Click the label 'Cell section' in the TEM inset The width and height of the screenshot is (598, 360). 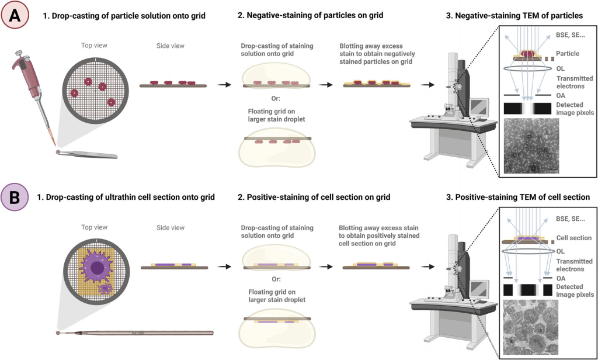pyautogui.click(x=574, y=238)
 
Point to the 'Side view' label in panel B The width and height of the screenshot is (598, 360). pyautogui.click(x=169, y=225)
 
